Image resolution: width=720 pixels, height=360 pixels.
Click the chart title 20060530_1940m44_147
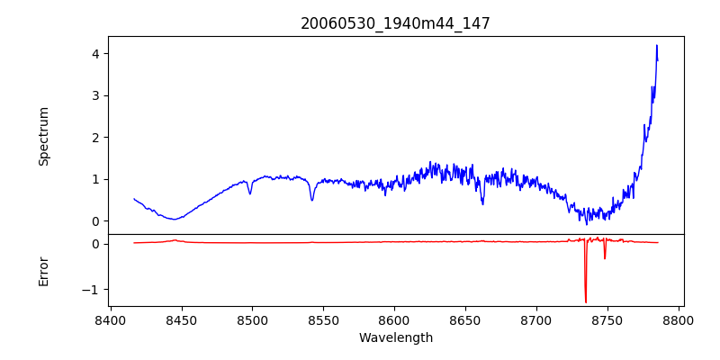tap(395, 23)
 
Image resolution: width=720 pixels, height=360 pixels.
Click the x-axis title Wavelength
tap(395, 337)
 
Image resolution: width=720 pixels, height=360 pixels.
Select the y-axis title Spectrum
tap(44, 136)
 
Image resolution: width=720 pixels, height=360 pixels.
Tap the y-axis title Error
tap(44, 271)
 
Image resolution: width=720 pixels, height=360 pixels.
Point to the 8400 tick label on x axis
tap(110, 319)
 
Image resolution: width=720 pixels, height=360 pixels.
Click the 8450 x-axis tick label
tap(181, 319)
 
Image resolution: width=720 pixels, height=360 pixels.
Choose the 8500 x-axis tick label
tap(252, 319)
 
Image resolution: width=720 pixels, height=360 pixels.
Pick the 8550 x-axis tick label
tap(323, 319)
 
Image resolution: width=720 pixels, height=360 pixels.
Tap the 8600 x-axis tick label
tap(394, 319)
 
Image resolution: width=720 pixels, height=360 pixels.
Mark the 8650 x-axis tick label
tap(465, 319)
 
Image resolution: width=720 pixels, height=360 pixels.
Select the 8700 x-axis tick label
tap(536, 319)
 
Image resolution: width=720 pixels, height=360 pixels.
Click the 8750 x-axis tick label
tap(607, 319)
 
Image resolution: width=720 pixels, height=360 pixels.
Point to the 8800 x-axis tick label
tap(679, 319)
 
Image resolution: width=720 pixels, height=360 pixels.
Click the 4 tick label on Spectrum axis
tap(94, 53)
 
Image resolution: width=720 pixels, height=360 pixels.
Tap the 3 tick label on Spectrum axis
tap(94, 95)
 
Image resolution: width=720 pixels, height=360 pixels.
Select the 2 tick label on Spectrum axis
tap(94, 137)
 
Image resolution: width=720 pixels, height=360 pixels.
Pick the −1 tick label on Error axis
tap(90, 290)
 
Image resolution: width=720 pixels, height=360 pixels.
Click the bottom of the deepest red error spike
tap(586, 302)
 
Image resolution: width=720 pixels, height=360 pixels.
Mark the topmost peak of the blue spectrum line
tap(657, 45)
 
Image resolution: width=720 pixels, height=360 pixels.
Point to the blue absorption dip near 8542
tap(312, 200)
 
